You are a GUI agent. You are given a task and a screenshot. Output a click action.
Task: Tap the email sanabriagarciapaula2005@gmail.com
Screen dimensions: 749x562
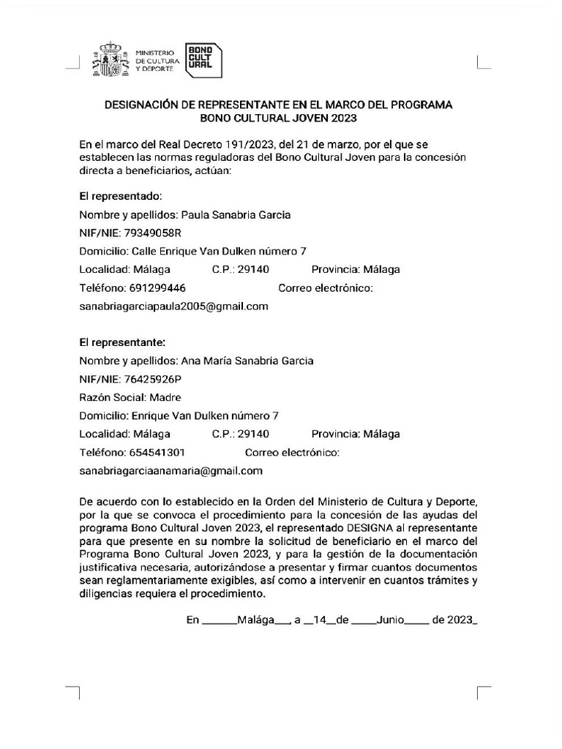[x=174, y=306]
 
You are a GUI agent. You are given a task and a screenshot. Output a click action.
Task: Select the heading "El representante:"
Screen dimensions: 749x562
[x=122, y=342]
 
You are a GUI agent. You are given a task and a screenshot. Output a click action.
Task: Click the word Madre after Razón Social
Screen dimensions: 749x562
[x=165, y=397]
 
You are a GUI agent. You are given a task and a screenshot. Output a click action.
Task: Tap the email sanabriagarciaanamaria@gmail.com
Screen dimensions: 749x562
[x=171, y=471]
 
